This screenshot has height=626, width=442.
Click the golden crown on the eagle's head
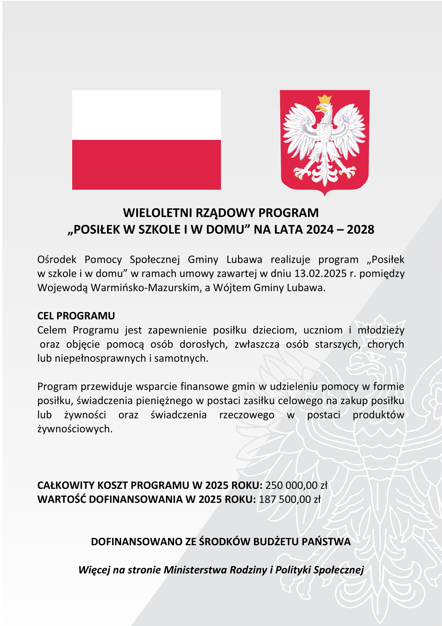(x=325, y=99)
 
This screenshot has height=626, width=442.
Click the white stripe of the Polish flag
(x=146, y=115)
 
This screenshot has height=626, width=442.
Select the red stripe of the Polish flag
(x=146, y=165)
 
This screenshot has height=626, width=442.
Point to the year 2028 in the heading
(x=360, y=229)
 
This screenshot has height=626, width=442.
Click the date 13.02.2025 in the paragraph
(x=320, y=274)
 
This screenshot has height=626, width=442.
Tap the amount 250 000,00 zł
(x=296, y=485)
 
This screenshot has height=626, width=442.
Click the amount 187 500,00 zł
(x=290, y=499)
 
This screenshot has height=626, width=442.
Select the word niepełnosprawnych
(x=100, y=358)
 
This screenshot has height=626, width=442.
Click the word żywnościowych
(x=75, y=429)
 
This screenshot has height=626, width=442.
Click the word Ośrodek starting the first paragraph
(x=57, y=260)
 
